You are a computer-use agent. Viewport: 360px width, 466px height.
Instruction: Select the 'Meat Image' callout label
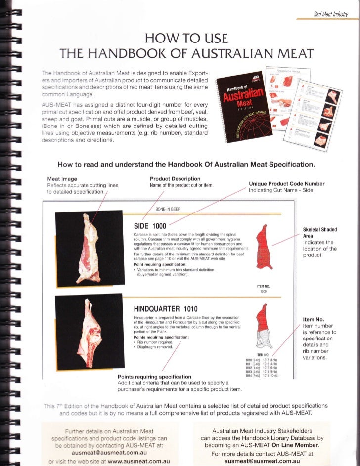pos(61,178)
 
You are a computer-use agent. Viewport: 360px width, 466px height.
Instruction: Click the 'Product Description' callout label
pos(175,178)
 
